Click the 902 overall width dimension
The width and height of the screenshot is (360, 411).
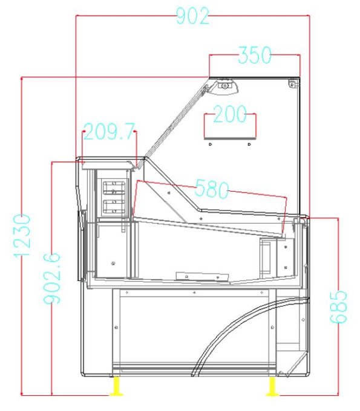tap(192, 16)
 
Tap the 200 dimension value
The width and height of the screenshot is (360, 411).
tap(229, 114)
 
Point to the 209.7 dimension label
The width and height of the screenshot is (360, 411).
tap(110, 132)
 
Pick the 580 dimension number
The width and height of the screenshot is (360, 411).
tap(211, 190)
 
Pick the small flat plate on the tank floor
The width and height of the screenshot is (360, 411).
tap(202, 276)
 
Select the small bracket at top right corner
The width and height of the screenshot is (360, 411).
tap(293, 83)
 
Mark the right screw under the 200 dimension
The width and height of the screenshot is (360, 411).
tap(249, 145)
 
